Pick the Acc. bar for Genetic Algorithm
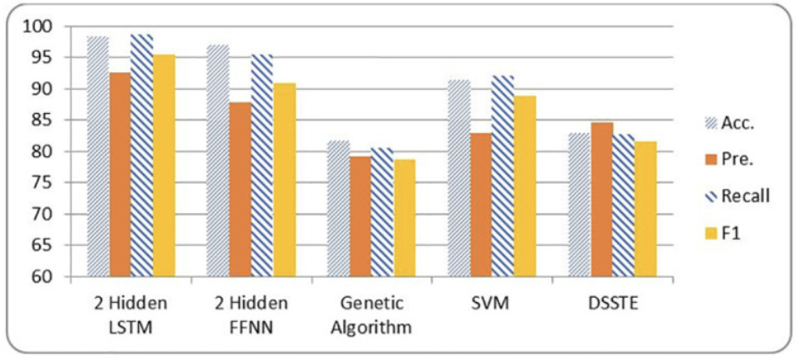pos(338,209)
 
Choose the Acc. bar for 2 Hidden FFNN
pos(217,160)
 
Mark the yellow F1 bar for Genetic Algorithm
pos(405,218)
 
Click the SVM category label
pos(492,303)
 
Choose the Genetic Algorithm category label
pos(371,315)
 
